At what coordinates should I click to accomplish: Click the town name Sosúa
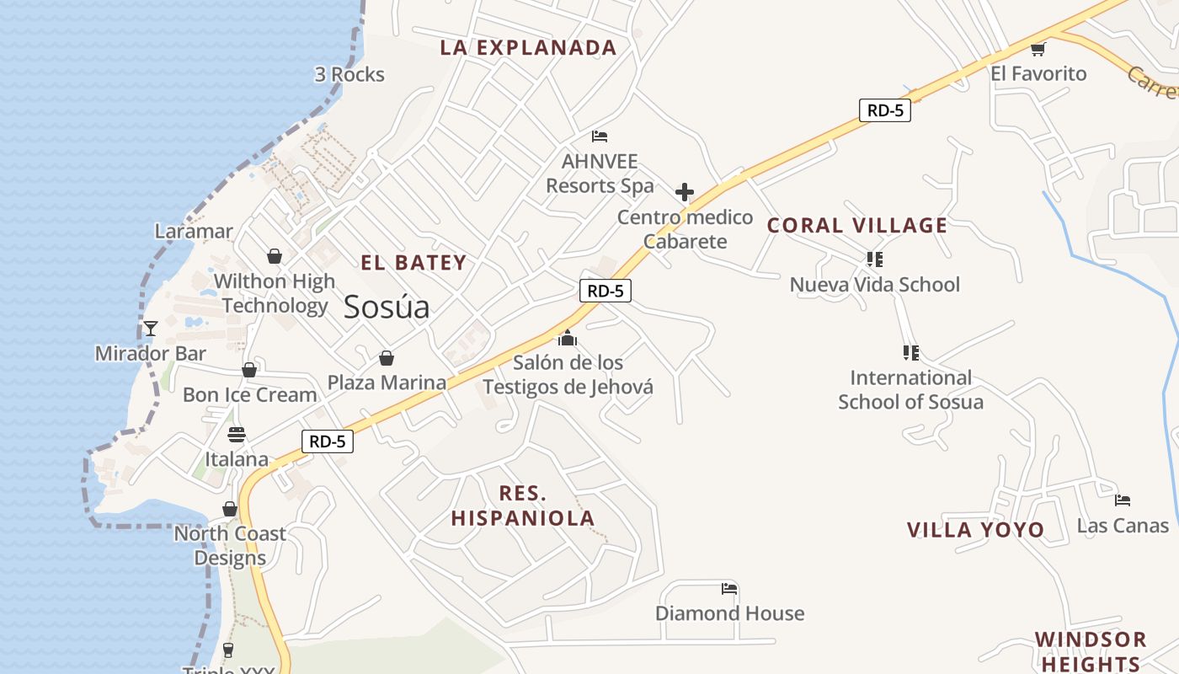387,308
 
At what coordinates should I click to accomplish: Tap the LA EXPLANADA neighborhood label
528,48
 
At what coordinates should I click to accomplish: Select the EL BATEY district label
413,263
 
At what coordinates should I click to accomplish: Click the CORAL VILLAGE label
857,226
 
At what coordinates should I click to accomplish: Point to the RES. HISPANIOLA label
523,505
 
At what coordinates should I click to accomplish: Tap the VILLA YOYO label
975,530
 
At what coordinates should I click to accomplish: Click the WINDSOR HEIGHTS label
1091,651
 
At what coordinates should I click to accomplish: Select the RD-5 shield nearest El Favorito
885,110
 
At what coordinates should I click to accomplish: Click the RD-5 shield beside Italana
328,441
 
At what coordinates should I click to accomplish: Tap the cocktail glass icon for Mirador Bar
151,329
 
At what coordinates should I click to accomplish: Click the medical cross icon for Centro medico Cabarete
685,192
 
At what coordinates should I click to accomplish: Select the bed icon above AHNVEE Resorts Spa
600,136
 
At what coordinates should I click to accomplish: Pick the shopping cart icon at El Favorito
1038,49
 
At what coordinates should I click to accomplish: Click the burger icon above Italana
237,435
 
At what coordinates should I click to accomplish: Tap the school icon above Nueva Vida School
874,259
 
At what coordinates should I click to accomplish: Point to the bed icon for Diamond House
729,589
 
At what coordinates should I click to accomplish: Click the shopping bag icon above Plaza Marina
387,358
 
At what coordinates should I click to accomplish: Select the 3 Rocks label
349,75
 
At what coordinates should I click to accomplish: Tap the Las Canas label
1123,526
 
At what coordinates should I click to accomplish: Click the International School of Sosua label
910,389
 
